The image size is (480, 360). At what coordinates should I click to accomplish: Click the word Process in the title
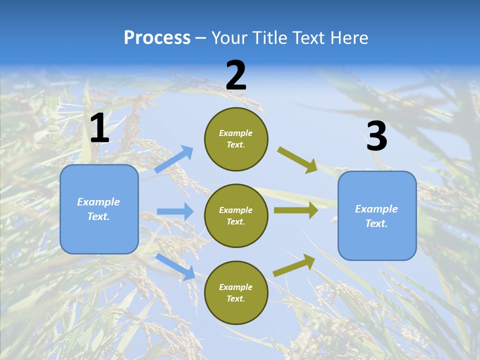[x=157, y=38]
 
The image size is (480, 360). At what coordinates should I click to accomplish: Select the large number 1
[x=99, y=128]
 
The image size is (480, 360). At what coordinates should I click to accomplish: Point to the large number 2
[x=236, y=75]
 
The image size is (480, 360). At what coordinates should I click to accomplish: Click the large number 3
[x=376, y=136]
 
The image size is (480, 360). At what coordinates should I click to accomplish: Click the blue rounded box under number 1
[x=99, y=209]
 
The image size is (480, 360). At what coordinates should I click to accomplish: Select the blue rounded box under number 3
[x=377, y=216]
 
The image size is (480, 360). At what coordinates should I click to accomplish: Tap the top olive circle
[x=236, y=139]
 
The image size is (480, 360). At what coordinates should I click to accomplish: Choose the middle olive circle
[x=236, y=215]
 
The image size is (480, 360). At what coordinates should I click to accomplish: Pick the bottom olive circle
[x=236, y=292]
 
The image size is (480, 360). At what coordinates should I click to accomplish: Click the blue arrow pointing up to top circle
[x=174, y=159]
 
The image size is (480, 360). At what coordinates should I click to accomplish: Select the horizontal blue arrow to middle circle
[x=175, y=211]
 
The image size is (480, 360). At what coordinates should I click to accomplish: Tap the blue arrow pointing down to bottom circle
[x=175, y=266]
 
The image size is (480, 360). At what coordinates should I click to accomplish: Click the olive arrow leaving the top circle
[x=297, y=159]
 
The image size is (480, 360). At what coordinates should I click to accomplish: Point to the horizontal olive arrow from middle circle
[x=295, y=210]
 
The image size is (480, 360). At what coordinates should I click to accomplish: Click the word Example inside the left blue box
[x=98, y=202]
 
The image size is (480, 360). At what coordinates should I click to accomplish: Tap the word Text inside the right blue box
[x=376, y=223]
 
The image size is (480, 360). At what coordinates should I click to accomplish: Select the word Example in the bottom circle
[x=235, y=287]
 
